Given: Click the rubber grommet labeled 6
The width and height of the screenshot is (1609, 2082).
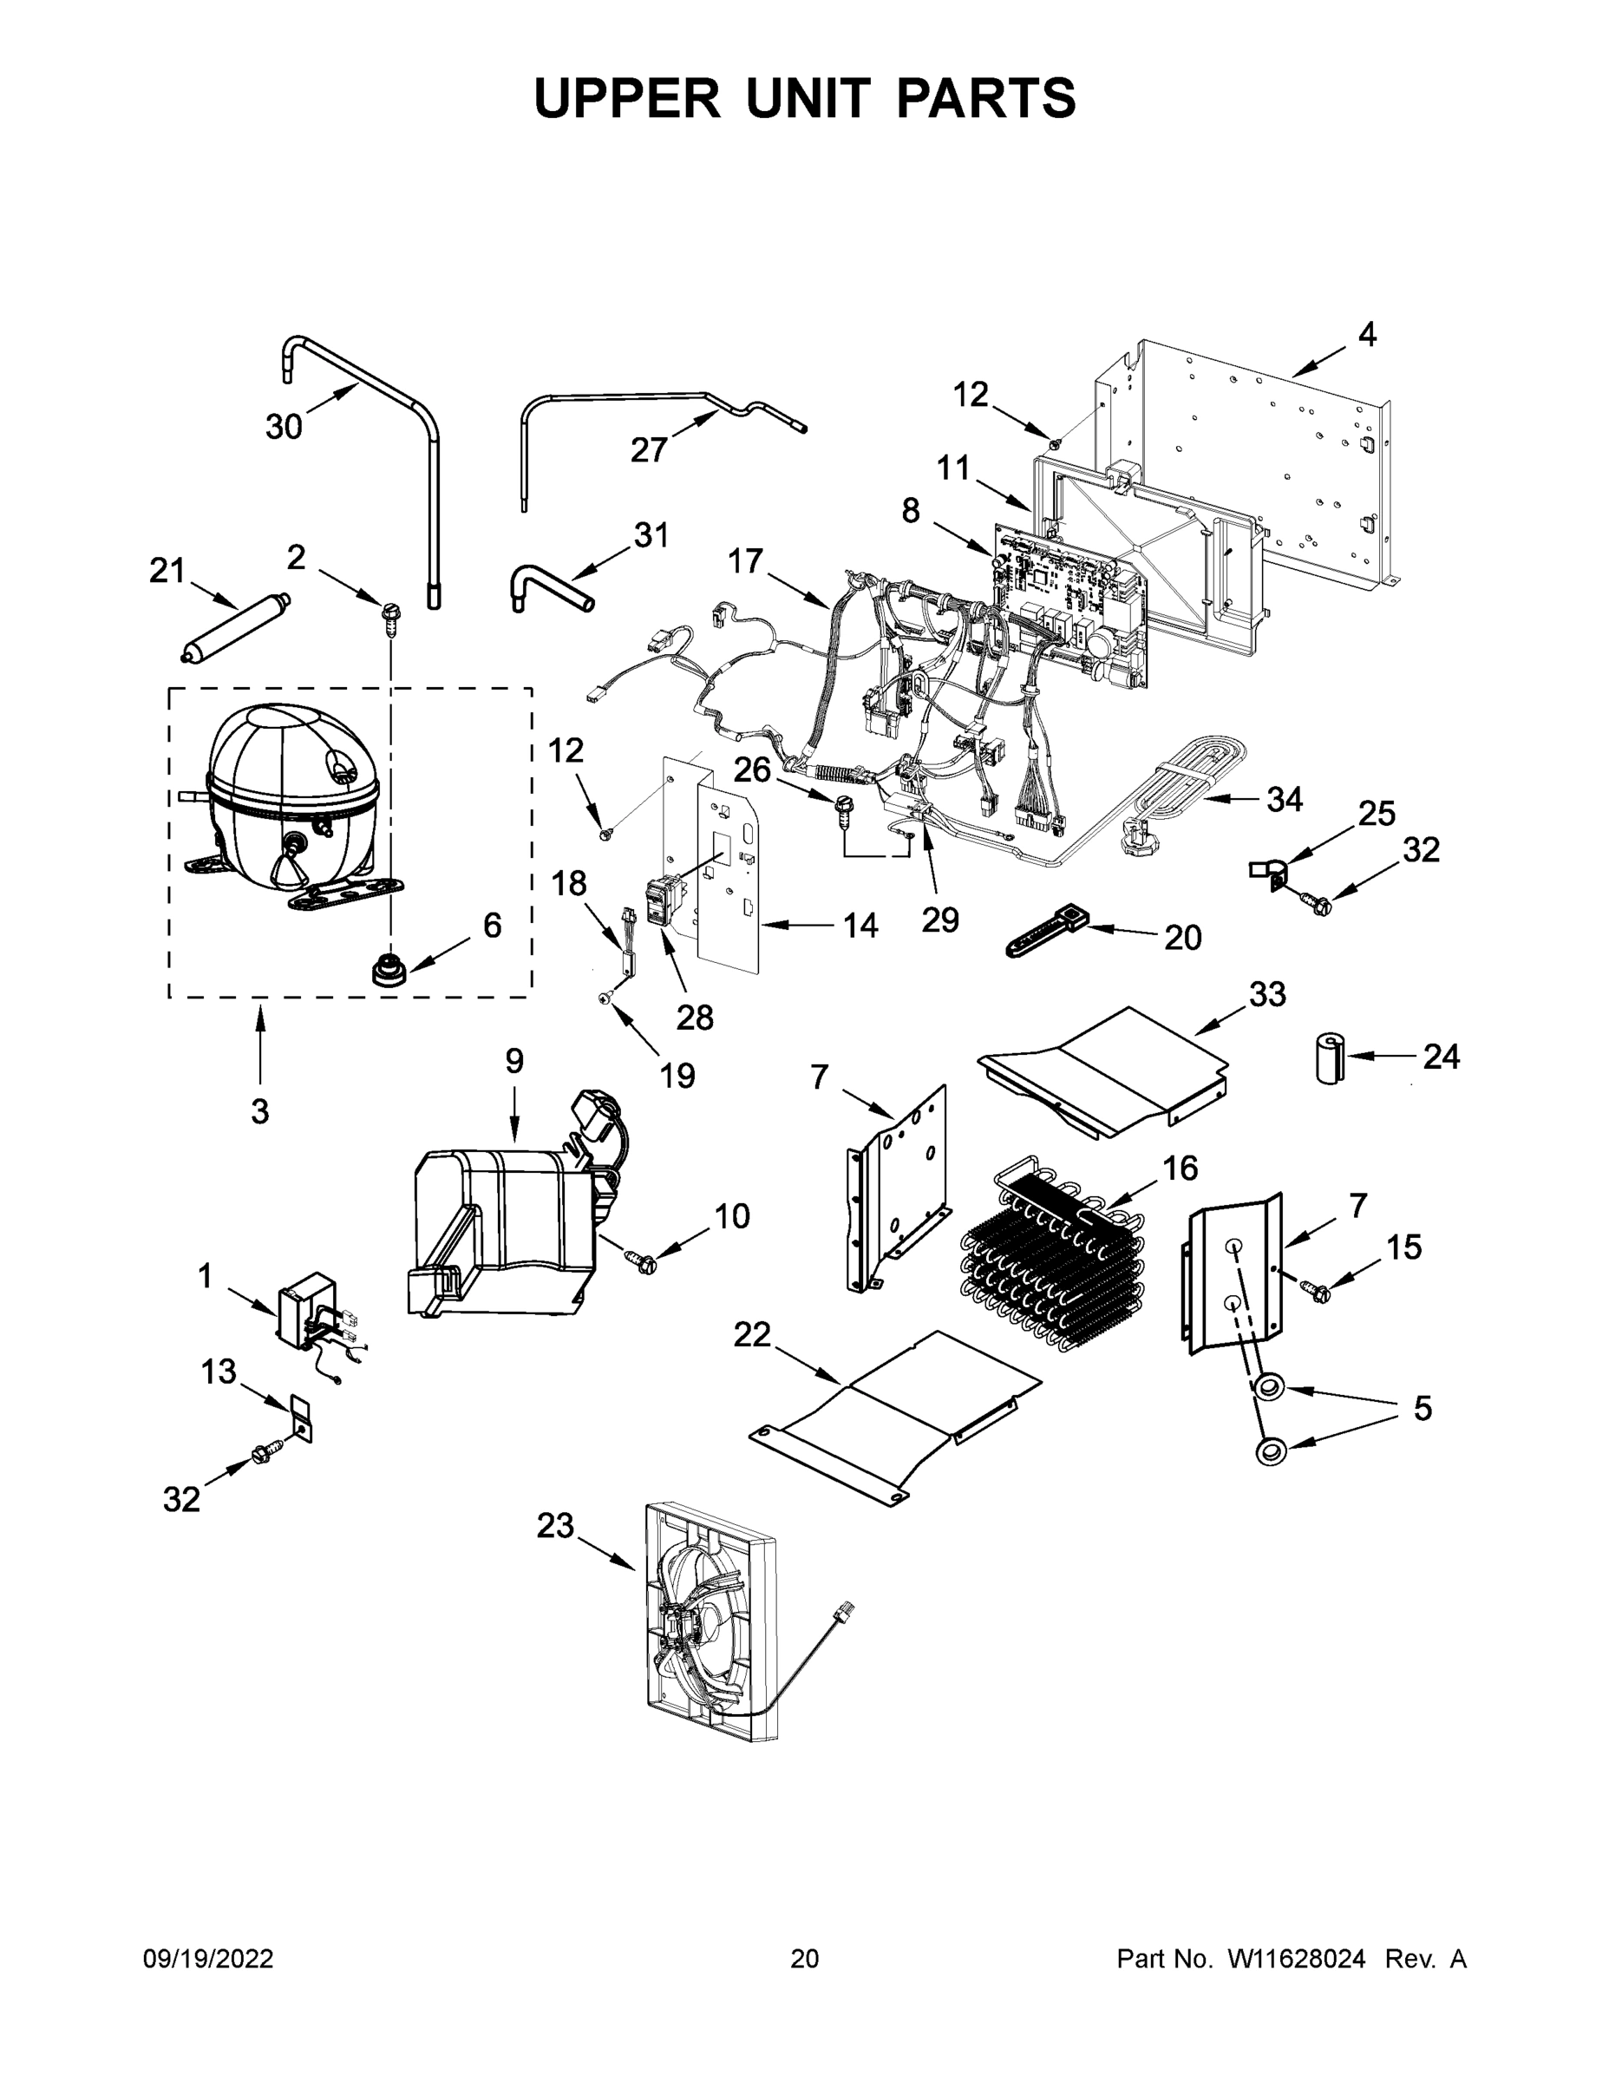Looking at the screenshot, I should click(388, 971).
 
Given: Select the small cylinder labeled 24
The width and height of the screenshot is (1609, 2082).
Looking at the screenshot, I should click(1329, 1057).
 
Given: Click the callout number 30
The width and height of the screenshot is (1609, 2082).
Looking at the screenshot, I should click(283, 426).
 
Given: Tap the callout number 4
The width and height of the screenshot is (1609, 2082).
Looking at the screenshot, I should click(1367, 335).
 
